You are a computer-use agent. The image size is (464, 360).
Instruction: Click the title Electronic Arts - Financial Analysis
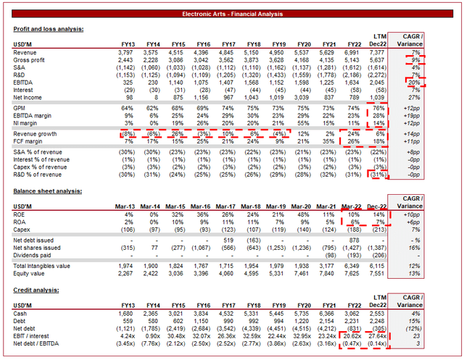pyautogui.click(x=232, y=13)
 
